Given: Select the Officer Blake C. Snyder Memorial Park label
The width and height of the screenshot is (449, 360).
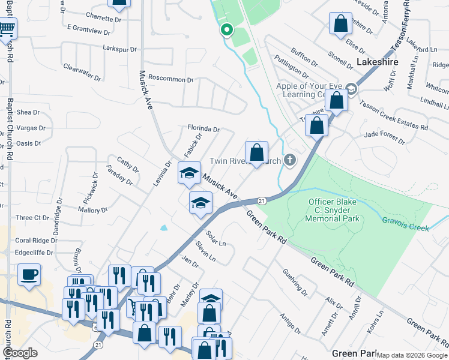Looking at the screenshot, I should (334, 210).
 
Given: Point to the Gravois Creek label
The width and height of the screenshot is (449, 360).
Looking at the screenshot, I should (406, 224).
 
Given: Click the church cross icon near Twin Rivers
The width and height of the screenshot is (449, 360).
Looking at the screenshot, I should (290, 160).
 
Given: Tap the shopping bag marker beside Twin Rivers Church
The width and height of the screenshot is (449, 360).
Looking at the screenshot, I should (256, 153).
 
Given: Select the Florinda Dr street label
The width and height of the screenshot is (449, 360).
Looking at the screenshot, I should (203, 129).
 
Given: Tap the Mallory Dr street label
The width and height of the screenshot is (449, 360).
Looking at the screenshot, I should (92, 210).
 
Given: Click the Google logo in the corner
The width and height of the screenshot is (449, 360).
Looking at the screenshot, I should (20, 353).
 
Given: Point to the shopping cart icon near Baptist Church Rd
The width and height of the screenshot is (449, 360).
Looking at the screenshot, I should (7, 28).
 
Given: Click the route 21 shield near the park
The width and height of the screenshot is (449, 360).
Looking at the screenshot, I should (262, 200).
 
